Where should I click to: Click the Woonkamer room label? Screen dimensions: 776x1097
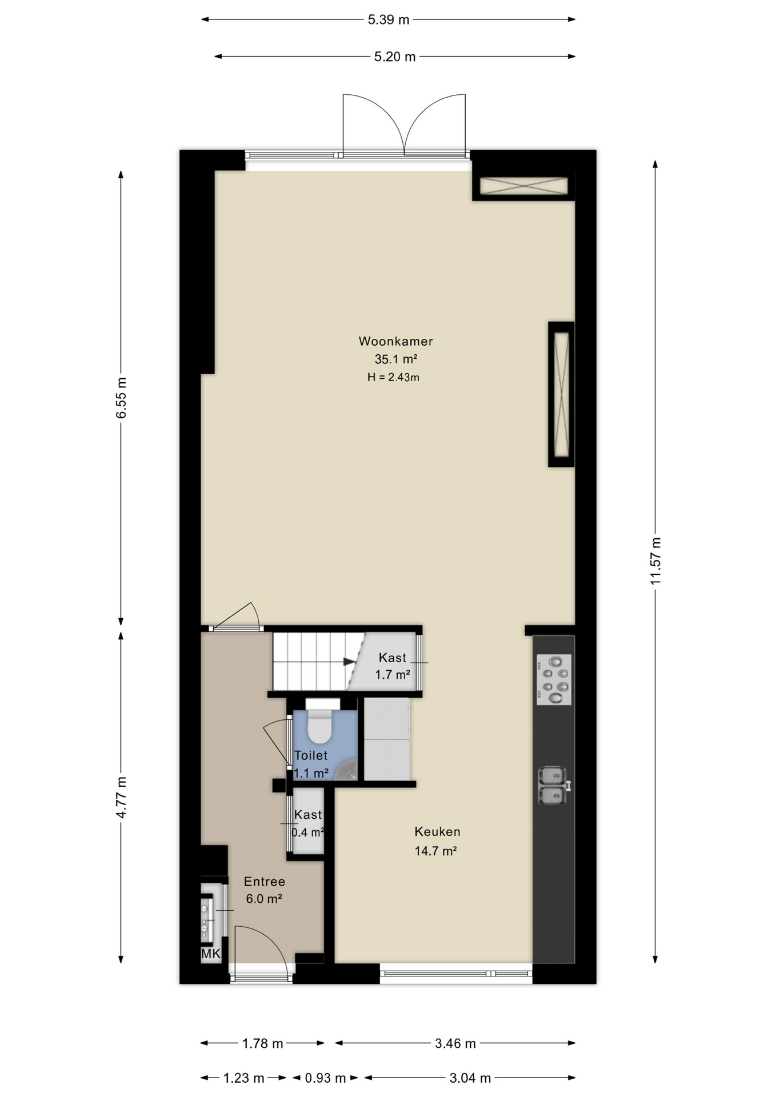pyautogui.click(x=395, y=341)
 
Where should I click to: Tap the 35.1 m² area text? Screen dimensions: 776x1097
pyautogui.click(x=395, y=359)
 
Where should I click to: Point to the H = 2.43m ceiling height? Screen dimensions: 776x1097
pyautogui.click(x=393, y=377)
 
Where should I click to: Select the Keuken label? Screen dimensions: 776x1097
pyautogui.click(x=437, y=832)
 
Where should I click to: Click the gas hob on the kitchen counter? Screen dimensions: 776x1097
pyautogui.click(x=554, y=680)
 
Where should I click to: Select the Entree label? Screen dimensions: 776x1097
pyautogui.click(x=265, y=882)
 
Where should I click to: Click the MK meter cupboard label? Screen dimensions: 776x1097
pyautogui.click(x=210, y=954)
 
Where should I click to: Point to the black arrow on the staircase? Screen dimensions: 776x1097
pyautogui.click(x=349, y=662)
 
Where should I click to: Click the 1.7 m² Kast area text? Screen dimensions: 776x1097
pyautogui.click(x=393, y=675)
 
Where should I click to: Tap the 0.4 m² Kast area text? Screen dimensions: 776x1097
pyautogui.click(x=307, y=832)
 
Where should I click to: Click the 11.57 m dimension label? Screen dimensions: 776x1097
pyautogui.click(x=655, y=561)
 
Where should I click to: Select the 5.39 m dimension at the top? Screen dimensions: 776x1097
pyautogui.click(x=389, y=19)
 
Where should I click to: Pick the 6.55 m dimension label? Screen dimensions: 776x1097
pyautogui.click(x=121, y=398)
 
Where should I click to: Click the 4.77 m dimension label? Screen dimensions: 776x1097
pyautogui.click(x=121, y=798)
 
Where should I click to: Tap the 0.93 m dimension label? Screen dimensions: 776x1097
pyautogui.click(x=325, y=1078)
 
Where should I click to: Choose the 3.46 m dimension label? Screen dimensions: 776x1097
pyautogui.click(x=455, y=1044)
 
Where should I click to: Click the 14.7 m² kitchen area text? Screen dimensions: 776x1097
pyautogui.click(x=435, y=851)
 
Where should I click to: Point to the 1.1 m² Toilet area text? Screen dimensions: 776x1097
pyautogui.click(x=311, y=774)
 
